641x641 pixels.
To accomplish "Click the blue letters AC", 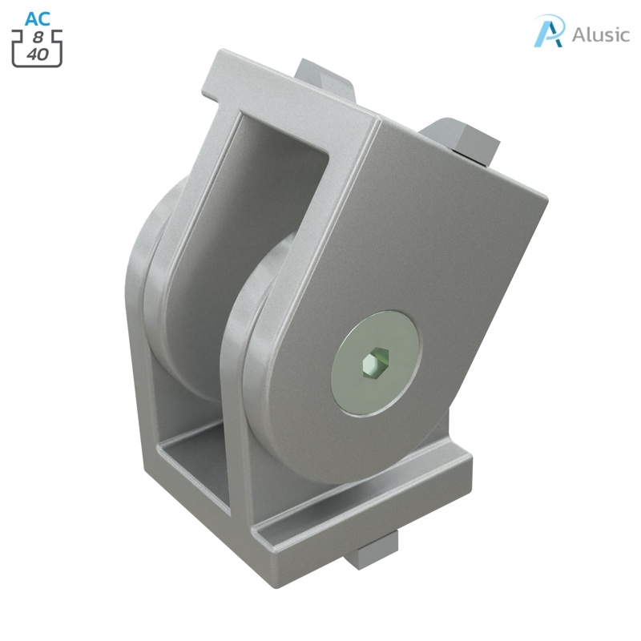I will pyautogui.click(x=38, y=18).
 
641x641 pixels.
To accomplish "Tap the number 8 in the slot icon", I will pyautogui.click(x=38, y=38).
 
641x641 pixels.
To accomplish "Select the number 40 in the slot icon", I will pyautogui.click(x=37, y=54).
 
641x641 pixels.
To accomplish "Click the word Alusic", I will pyautogui.click(x=600, y=35).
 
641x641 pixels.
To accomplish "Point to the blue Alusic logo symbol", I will pyautogui.click(x=550, y=32).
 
